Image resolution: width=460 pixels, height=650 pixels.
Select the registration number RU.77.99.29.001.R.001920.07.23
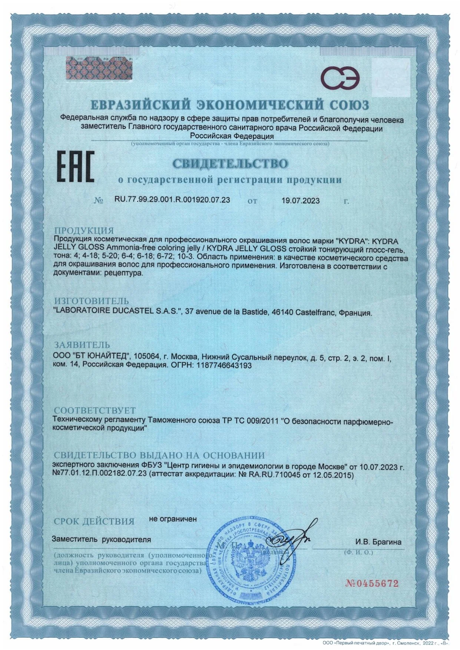coord(172,200)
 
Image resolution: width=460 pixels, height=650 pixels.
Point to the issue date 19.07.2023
coord(300,201)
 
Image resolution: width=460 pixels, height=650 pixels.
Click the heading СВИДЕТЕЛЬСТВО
coord(230,163)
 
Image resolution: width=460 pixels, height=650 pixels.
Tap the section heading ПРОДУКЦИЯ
coord(84,231)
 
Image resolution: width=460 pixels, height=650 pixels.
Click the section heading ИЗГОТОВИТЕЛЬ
coord(92,301)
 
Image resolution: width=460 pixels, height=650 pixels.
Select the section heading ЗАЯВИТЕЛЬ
coord(82,346)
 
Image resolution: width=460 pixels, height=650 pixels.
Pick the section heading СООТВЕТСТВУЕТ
coord(95,410)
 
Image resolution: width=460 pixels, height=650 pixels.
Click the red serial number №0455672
coord(372,584)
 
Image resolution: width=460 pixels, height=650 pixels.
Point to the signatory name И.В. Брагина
coord(378,542)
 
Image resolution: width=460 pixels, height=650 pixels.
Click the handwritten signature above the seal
coord(293,537)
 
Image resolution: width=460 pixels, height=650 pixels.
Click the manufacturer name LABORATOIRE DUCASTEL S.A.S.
coord(118,311)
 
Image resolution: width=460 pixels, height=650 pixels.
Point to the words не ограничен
coord(173,519)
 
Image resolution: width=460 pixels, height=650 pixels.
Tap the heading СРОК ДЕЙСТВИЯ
coord(94,521)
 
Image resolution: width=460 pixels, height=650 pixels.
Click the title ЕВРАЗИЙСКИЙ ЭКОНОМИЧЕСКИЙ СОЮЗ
coord(230,105)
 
